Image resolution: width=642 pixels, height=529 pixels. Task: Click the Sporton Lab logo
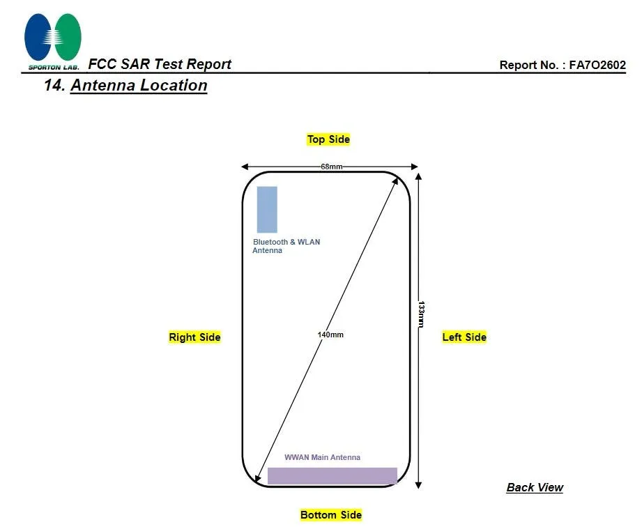click(53, 40)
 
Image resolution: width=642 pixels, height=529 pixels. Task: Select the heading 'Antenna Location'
click(139, 86)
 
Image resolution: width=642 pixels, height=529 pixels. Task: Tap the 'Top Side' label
click(328, 139)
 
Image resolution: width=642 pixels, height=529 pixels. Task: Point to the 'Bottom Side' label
click(331, 515)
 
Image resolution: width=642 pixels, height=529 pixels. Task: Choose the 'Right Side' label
click(194, 337)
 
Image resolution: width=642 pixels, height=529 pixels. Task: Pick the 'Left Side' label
click(464, 337)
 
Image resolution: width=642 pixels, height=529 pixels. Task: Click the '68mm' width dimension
click(331, 167)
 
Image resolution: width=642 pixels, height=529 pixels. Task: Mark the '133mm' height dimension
click(420, 314)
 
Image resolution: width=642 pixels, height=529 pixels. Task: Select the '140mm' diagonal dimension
click(330, 335)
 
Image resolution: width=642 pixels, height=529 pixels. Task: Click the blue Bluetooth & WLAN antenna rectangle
click(267, 209)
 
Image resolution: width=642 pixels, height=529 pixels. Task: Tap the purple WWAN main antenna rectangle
click(332, 475)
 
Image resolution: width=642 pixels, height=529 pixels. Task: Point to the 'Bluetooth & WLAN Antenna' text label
click(286, 246)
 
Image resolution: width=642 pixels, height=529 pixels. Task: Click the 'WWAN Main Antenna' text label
click(322, 457)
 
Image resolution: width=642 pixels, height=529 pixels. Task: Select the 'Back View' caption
click(535, 488)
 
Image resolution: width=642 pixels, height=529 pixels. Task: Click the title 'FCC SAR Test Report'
click(160, 64)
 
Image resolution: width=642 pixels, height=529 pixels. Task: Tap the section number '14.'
click(54, 86)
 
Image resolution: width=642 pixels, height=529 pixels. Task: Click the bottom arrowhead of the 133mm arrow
click(418, 484)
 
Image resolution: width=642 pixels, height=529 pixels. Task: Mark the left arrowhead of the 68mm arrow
click(245, 167)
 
